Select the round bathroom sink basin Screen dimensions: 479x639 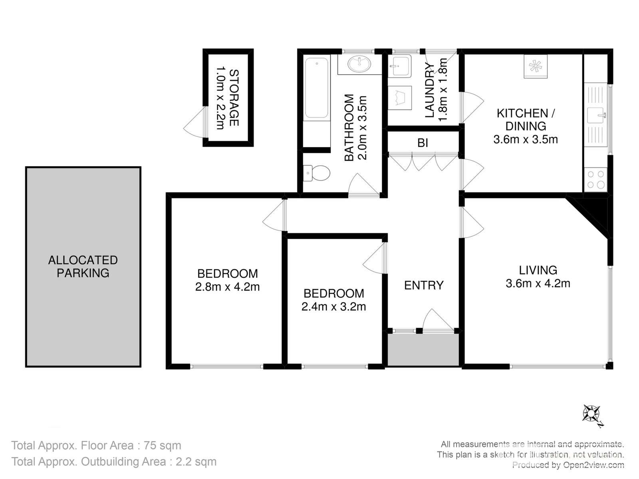(359, 64)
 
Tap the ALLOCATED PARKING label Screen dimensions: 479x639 (83, 267)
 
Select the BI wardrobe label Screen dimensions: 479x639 (423, 143)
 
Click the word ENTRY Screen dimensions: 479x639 (424, 285)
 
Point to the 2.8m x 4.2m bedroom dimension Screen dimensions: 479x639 (227, 287)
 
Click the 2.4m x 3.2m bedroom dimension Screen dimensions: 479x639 (333, 307)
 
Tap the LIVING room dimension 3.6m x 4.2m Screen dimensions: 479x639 (538, 283)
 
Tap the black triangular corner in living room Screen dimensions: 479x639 (595, 212)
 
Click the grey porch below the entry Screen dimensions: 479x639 (423, 350)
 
